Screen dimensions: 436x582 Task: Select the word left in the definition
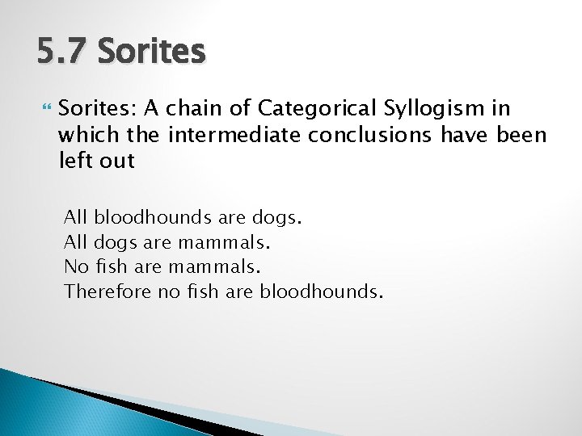75,160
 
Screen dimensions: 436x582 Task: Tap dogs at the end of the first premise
276,217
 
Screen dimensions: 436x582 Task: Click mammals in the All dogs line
224,242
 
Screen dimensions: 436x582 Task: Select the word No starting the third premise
74,266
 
